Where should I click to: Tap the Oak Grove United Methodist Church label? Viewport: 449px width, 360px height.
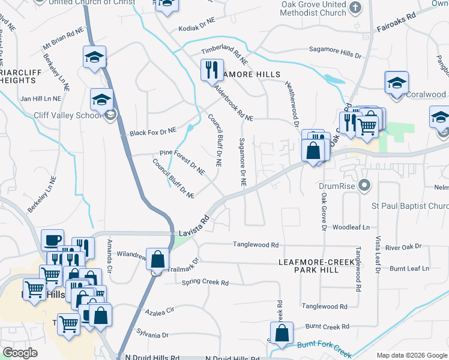coord(314,8)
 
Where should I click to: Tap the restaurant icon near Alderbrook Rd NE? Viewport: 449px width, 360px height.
coord(211,70)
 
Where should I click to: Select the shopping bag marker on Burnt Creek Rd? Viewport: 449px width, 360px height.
coord(282,333)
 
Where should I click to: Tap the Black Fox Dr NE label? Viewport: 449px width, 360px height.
coord(153,131)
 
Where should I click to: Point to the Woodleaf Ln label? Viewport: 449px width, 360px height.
coord(351,228)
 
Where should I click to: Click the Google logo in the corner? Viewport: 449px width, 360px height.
coord(20,353)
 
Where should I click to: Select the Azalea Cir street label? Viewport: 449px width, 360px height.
coord(159,311)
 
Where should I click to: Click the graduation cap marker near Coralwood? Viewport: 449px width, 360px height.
coord(397,83)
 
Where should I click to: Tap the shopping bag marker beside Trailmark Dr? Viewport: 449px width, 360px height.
coord(157,260)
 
